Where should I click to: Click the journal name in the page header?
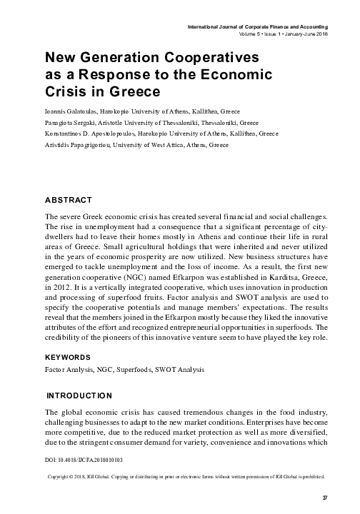click(256, 26)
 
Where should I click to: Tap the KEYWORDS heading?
click(68, 357)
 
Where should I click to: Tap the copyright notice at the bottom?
click(186, 474)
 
